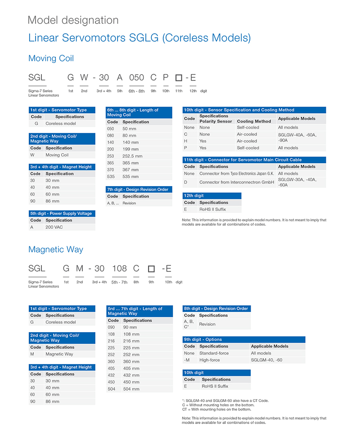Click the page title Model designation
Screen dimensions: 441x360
point(73,20)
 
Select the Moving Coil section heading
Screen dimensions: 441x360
point(51,58)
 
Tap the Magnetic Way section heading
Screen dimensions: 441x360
point(55,249)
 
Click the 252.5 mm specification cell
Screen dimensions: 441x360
point(132,156)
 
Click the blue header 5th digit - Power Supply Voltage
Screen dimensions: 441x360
point(62,214)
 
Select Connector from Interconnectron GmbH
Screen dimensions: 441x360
point(237,182)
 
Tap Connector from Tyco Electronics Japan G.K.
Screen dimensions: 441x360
point(237,174)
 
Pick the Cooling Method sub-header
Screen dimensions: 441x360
point(254,121)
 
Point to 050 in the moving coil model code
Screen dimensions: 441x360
point(136,78)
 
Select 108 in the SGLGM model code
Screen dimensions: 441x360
point(119,268)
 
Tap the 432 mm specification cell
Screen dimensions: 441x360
point(131,375)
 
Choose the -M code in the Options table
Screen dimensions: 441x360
point(187,360)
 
